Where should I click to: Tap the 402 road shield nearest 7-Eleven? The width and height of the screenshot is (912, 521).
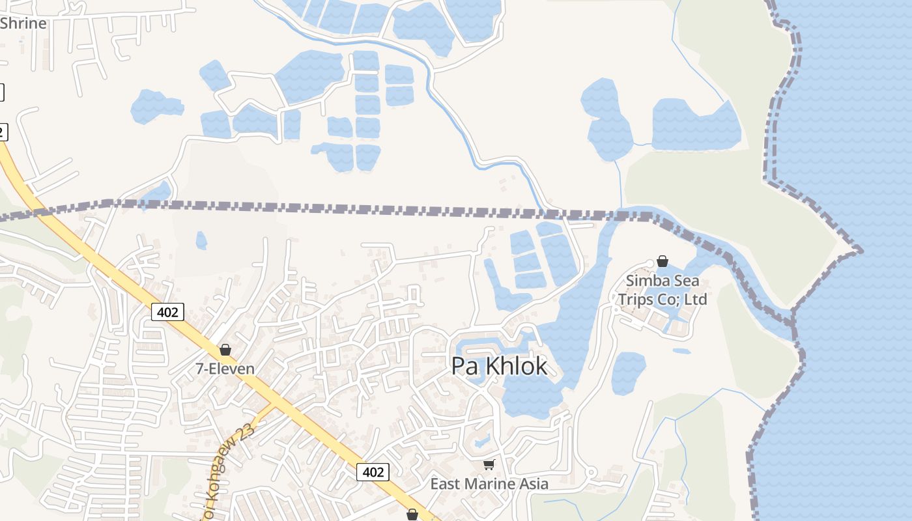click(x=167, y=312)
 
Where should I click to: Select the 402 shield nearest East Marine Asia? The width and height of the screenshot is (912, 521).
click(x=373, y=472)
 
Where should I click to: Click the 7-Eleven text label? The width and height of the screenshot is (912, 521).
click(x=225, y=369)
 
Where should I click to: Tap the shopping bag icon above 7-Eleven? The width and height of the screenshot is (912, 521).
click(x=225, y=350)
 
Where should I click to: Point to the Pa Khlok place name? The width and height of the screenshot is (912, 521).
click(x=500, y=366)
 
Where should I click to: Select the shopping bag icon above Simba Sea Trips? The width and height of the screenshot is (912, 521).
click(x=663, y=262)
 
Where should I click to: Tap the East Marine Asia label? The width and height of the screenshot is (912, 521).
click(x=489, y=484)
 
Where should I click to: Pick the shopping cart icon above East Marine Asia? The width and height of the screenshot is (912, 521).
click(x=489, y=464)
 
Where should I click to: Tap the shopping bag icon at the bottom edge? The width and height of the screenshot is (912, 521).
click(x=412, y=515)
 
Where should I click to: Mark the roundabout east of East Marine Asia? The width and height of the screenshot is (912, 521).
click(x=591, y=472)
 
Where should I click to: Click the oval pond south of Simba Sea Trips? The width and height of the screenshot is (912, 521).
click(x=628, y=373)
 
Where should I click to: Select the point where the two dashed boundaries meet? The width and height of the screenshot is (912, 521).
click(x=792, y=320)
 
